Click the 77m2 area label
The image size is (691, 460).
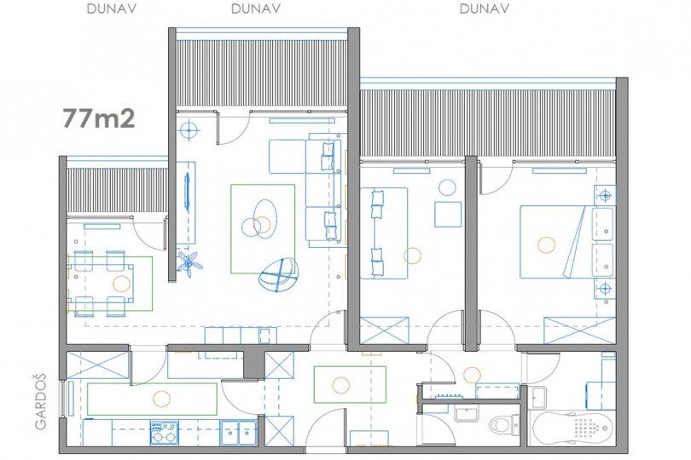[x=99, y=118]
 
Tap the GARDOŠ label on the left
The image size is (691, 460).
[x=40, y=401]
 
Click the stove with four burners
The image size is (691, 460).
[x=164, y=432]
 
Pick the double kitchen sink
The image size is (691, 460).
[x=238, y=432]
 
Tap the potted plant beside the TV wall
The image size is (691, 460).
[x=190, y=264]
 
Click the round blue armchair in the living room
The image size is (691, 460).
[x=278, y=275]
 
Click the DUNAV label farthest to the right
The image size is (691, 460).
[x=485, y=9]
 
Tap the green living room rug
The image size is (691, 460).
[x=263, y=229]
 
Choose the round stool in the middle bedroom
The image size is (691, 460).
[x=447, y=187]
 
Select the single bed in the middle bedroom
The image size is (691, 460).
[x=384, y=233]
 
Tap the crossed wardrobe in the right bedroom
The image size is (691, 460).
[x=579, y=331]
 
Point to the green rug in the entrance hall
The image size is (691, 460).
[x=350, y=384]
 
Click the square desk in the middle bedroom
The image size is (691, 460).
[x=448, y=214]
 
